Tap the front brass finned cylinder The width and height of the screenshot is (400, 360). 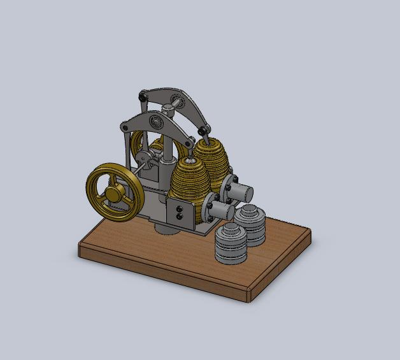(x=189, y=185)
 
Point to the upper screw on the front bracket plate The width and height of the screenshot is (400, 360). (x=179, y=208)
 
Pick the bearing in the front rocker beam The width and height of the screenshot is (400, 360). (x=155, y=122)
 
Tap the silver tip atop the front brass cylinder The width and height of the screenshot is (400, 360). (x=189, y=153)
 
